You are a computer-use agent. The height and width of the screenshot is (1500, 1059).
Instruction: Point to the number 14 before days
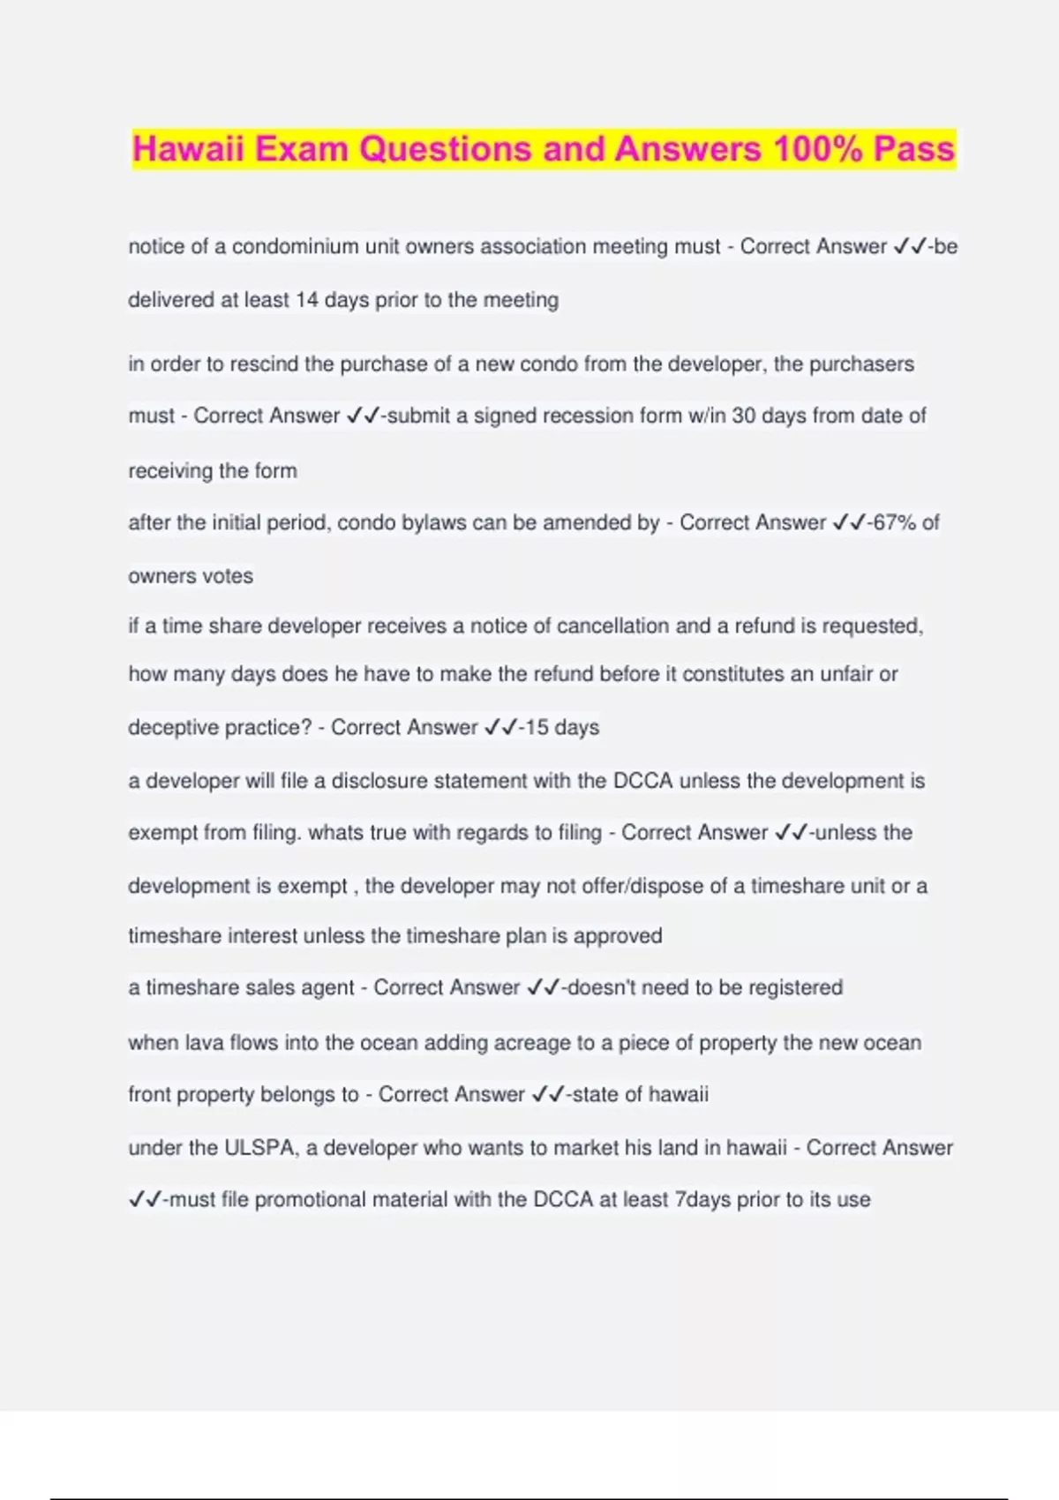coord(306,300)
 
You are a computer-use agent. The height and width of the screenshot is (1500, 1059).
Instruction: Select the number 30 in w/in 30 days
coord(743,416)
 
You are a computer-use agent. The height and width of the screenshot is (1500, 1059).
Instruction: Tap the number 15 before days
coord(537,727)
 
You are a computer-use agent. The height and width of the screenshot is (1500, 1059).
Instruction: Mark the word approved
coord(618,935)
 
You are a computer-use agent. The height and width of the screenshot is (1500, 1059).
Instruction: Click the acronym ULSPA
coord(260,1147)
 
